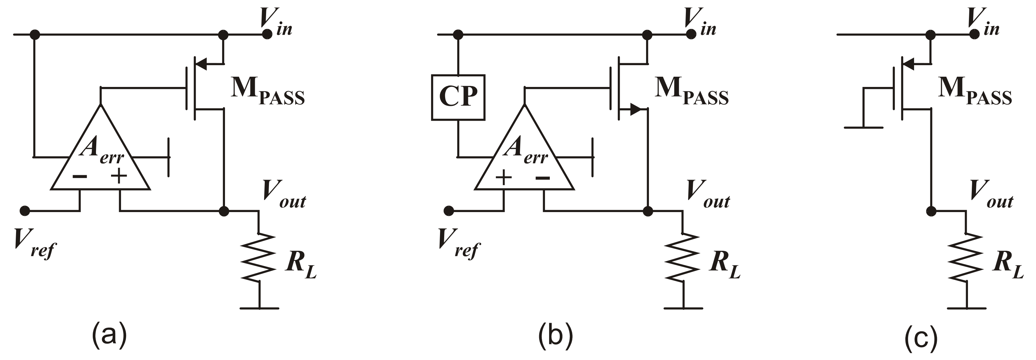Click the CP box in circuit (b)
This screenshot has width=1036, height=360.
(458, 97)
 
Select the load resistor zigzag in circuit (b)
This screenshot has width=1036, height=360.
(683, 257)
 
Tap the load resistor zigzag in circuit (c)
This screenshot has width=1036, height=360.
(966, 257)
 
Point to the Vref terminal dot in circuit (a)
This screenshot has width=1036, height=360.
(25, 210)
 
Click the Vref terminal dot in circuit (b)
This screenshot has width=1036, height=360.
(449, 210)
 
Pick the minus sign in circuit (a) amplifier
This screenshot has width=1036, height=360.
(80, 176)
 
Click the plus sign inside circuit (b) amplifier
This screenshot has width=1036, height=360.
(504, 177)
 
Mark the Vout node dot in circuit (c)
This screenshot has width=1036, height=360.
(931, 210)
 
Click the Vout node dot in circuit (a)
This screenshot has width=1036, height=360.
(224, 210)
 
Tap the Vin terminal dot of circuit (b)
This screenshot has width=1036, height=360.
(691, 34)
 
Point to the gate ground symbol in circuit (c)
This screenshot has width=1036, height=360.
(863, 127)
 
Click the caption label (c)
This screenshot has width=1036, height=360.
(921, 338)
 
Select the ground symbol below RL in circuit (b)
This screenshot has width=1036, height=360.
(683, 308)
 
